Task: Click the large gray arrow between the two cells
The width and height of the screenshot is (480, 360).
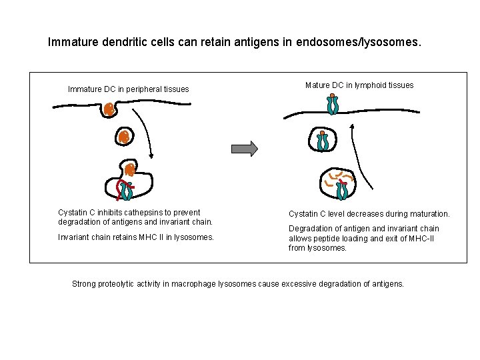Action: [x=244, y=148]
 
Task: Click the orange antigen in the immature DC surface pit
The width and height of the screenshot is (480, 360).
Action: [x=109, y=109]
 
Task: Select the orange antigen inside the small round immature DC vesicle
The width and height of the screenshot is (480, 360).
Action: [x=123, y=137]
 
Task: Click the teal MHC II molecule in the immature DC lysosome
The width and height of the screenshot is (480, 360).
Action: [x=127, y=191]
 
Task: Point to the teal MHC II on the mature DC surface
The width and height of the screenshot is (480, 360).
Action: [x=332, y=105]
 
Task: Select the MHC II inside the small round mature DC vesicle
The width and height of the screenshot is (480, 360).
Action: [x=323, y=141]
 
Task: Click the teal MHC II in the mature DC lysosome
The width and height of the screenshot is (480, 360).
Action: [x=342, y=189]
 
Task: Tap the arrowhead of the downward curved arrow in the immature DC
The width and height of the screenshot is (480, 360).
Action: [x=151, y=157]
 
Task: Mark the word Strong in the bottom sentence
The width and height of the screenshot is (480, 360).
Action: [x=84, y=284]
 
